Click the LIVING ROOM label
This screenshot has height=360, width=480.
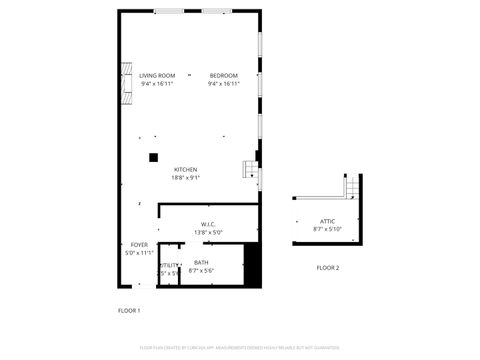coord(157,76)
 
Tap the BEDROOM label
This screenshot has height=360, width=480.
coord(224,76)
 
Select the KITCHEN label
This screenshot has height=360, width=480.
coord(186,169)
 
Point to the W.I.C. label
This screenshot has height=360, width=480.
coord(208,224)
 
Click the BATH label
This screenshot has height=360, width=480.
coord(202,263)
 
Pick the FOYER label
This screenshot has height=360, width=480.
coord(139,245)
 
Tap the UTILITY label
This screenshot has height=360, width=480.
coord(168,265)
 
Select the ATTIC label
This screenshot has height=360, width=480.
coord(328,221)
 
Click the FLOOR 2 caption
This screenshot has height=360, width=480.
coord(328,267)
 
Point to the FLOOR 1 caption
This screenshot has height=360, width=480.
coord(129,310)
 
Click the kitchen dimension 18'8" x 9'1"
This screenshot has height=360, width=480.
coord(187,178)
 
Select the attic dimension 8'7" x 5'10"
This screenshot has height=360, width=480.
coord(328,229)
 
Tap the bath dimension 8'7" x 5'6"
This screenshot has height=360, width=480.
coord(202,271)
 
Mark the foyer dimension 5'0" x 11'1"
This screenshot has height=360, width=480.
coord(140,253)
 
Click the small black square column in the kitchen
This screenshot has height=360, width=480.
coord(153,157)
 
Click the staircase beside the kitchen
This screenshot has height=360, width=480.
coord(251,172)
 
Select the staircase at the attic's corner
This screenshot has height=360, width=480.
coord(352,186)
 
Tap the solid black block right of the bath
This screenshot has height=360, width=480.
coord(252,266)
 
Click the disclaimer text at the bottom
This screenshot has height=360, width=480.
coord(239,348)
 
